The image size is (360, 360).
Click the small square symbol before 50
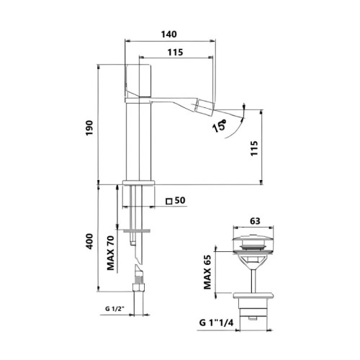(x=168, y=201)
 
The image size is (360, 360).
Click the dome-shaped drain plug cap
(x=252, y=238)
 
